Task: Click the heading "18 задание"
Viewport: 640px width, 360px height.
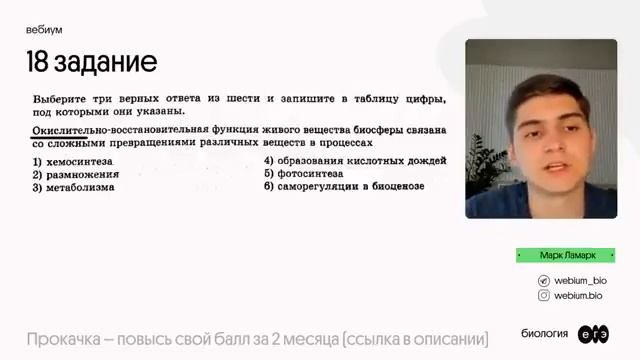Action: pos(92,62)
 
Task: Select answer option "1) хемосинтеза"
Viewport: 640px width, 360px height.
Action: pos(73,161)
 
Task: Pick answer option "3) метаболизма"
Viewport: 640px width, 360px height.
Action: pos(73,187)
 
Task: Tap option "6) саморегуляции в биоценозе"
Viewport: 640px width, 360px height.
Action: pos(343,186)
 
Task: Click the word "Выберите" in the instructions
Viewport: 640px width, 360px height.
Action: pos(62,100)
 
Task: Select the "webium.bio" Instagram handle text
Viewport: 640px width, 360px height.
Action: pos(579,296)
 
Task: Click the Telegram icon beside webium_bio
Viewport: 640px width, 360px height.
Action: pos(544,281)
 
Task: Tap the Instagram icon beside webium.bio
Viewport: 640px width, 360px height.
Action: pos(544,296)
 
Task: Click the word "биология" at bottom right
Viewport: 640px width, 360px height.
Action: pos(545,334)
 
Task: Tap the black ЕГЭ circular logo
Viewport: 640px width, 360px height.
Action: pos(593,334)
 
